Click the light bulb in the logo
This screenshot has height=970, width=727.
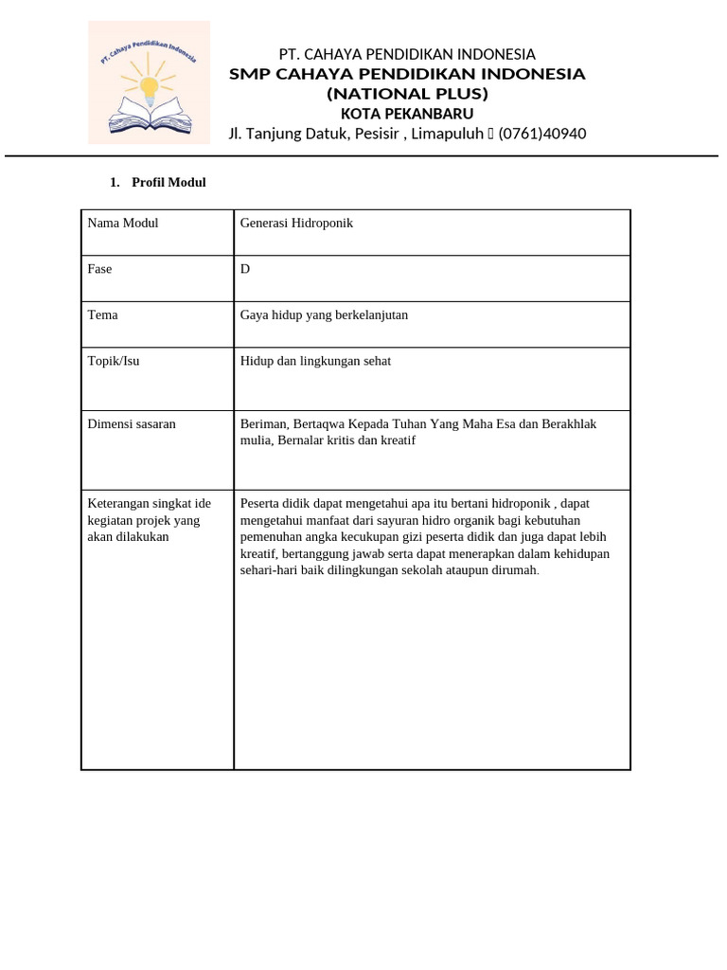pyautogui.click(x=149, y=87)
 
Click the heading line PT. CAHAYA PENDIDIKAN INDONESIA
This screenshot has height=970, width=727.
pyautogui.click(x=407, y=54)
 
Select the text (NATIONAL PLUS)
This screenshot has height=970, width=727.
pyautogui.click(x=407, y=94)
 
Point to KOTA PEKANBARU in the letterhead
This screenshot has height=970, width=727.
pyautogui.click(x=407, y=114)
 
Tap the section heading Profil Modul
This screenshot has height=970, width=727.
pyautogui.click(x=168, y=182)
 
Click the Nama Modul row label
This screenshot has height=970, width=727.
pyautogui.click(x=123, y=224)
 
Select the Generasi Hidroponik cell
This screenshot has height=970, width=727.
pyautogui.click(x=296, y=224)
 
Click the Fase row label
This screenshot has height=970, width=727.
pyautogui.click(x=99, y=269)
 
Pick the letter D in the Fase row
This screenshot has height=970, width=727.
pyautogui.click(x=245, y=269)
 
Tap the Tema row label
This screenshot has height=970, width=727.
pyautogui.click(x=102, y=314)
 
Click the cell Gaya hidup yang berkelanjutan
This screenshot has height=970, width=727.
pyautogui.click(x=324, y=314)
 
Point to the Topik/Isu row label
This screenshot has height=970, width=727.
pyautogui.click(x=114, y=361)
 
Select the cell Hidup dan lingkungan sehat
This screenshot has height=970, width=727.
pyautogui.click(x=315, y=361)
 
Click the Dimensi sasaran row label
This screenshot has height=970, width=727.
pyautogui.click(x=132, y=424)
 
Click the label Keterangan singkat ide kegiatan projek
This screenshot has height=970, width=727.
pyautogui.click(x=149, y=520)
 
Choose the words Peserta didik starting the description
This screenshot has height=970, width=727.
pyautogui.click(x=275, y=503)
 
